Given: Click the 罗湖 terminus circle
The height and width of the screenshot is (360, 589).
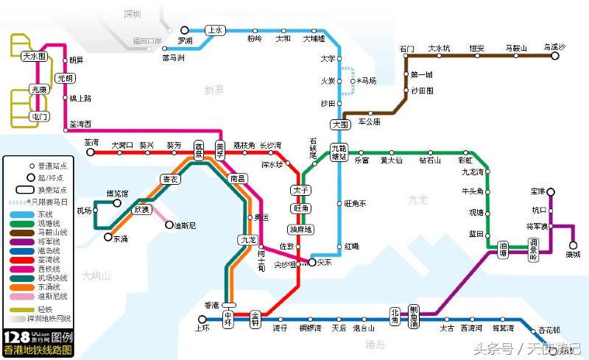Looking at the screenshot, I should coord(185,30).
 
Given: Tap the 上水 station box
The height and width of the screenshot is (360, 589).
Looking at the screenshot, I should coord(215,30).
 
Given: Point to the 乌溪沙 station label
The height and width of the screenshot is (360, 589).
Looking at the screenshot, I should coord(554,47).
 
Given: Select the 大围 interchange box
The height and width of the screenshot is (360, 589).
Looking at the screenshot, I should coord(340,124).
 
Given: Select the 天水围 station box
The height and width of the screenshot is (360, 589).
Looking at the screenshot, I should coord(34,56).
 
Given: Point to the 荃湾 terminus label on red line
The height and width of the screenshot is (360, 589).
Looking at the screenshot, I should coord(91,142).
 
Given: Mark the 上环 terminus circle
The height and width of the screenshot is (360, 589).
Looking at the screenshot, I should coord(202,319).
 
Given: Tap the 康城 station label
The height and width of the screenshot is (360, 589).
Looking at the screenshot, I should coord(573,255).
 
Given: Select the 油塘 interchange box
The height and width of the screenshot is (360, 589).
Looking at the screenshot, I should coord(504,249).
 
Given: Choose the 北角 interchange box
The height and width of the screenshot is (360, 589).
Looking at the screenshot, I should coord(395,314).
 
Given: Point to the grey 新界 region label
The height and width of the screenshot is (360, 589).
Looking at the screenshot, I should coord(214,90).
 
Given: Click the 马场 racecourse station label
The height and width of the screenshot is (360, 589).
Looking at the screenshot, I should coord(366,81).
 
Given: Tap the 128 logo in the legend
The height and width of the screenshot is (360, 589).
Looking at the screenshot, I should coord(16,338).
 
